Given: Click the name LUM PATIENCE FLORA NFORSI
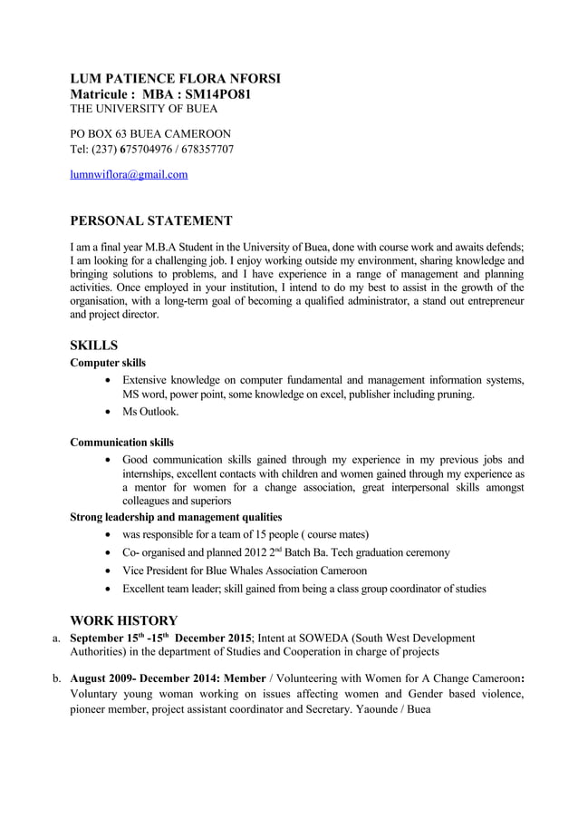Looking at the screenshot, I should (x=175, y=79).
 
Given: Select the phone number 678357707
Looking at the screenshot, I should (x=207, y=149).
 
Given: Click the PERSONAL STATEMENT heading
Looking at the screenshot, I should (x=151, y=220).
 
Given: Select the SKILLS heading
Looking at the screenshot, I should (x=94, y=346).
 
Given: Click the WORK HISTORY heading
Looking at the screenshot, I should (x=123, y=620).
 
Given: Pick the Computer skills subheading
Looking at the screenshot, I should (x=108, y=363).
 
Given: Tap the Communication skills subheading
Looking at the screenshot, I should (x=122, y=443).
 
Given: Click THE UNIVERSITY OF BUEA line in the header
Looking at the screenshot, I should (x=144, y=109).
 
